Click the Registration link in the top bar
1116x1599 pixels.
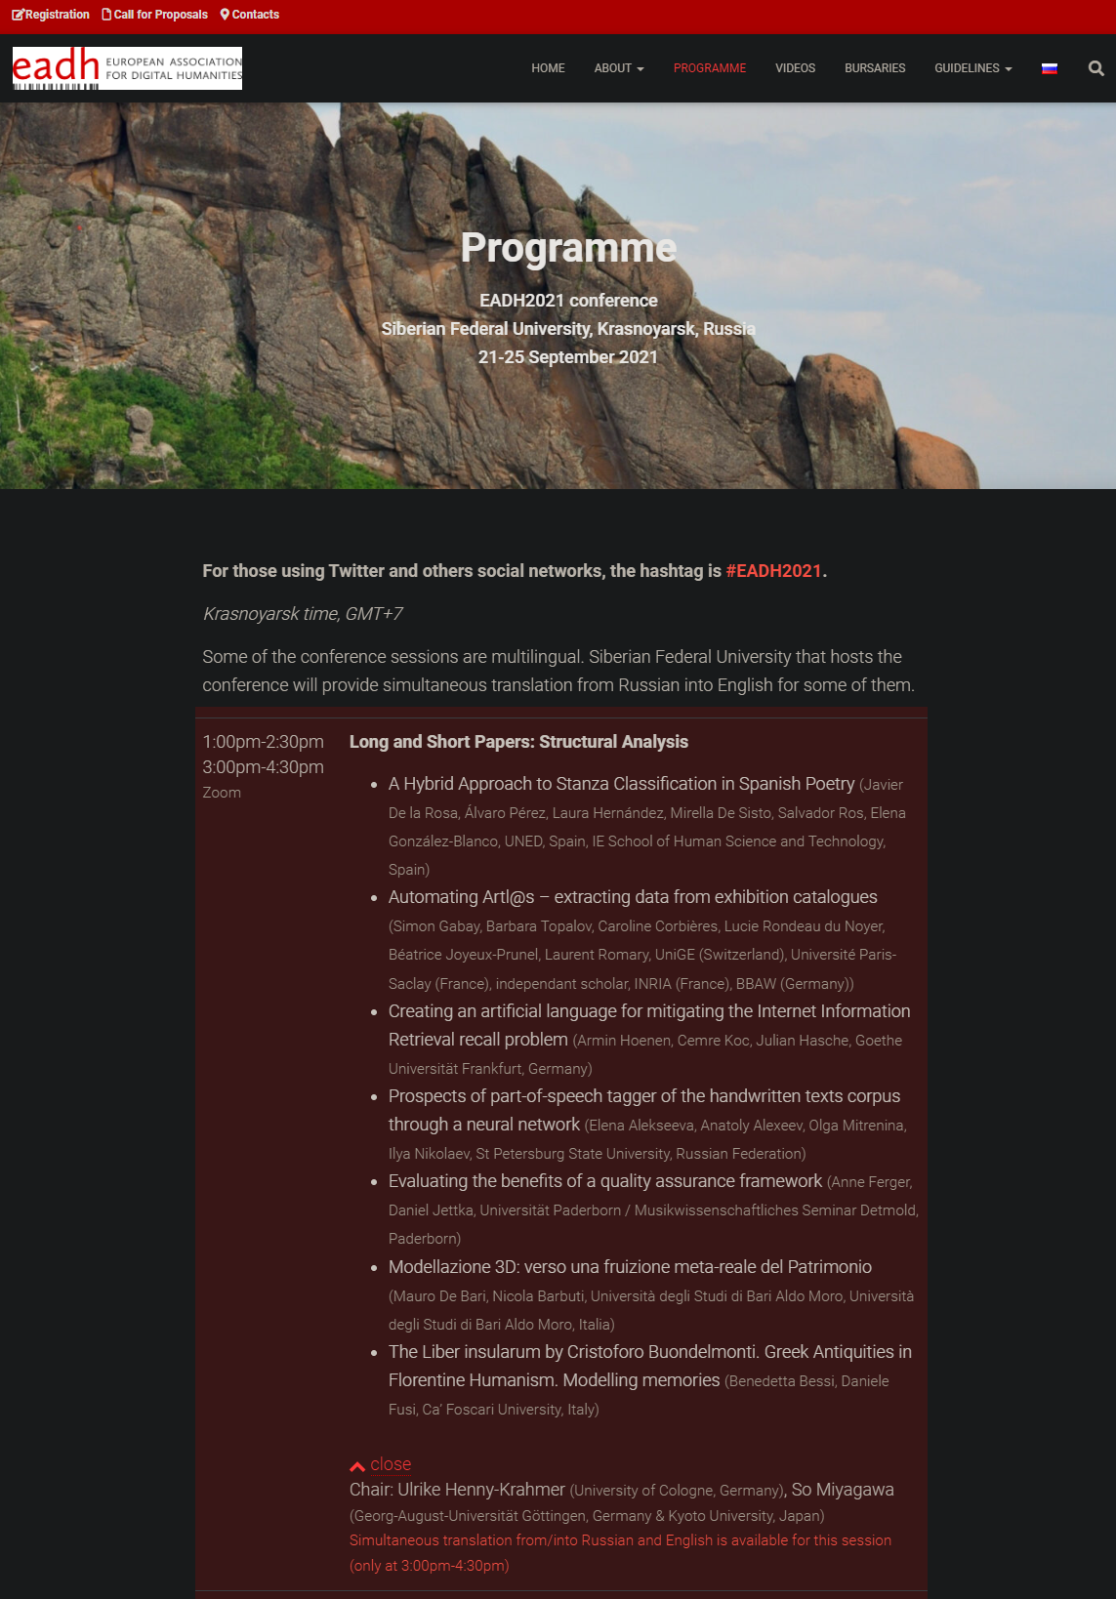(51, 15)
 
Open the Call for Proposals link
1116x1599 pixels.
(155, 15)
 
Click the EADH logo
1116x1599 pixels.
(127, 68)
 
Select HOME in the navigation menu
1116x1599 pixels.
(548, 68)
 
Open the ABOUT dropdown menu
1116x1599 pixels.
(618, 68)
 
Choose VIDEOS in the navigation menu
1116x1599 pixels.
(795, 68)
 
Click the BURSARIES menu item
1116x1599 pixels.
(875, 68)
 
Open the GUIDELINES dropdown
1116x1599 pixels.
(972, 68)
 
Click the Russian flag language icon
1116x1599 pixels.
(1050, 68)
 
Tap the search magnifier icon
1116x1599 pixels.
(1095, 68)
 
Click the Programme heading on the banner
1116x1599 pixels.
(568, 248)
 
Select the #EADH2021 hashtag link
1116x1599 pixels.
(773, 571)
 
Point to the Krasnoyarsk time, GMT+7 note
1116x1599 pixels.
(303, 614)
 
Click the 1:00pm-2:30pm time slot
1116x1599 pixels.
(263, 742)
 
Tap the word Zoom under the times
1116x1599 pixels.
(222, 793)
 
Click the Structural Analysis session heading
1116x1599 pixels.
(518, 742)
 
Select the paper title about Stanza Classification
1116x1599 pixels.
(621, 784)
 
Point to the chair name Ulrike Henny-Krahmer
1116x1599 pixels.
(480, 1490)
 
